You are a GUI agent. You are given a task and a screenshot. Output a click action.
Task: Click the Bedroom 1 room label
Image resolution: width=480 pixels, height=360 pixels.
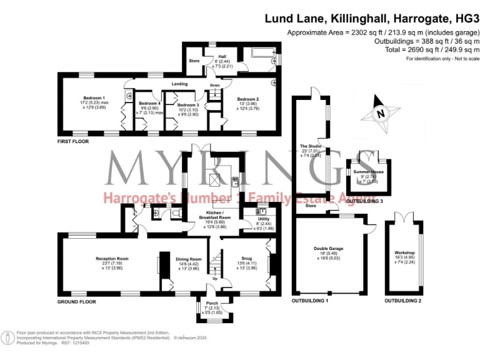(94, 98)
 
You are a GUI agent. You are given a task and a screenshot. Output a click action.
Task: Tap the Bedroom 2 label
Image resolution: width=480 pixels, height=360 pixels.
(247, 99)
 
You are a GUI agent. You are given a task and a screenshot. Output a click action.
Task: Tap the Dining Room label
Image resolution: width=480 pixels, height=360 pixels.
(188, 258)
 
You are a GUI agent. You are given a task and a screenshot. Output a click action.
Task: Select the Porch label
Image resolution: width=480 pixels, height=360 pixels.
(212, 304)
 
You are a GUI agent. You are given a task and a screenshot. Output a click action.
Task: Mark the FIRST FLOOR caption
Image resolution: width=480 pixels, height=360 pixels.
(72, 142)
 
